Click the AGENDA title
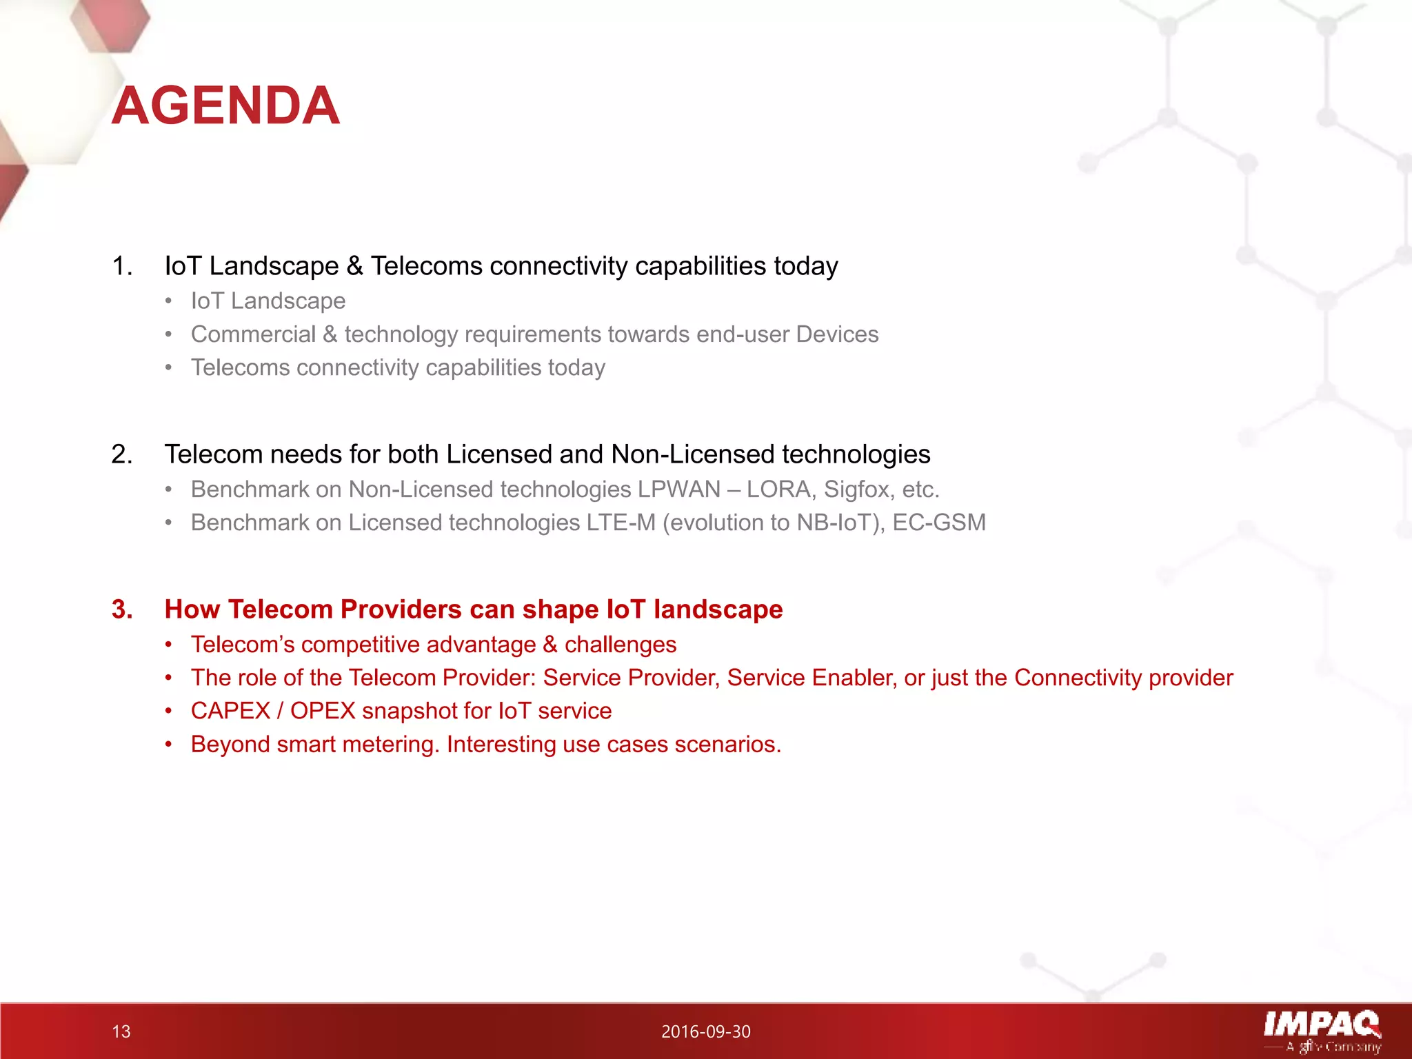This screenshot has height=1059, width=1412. point(225,105)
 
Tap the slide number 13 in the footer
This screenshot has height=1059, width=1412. point(121,1031)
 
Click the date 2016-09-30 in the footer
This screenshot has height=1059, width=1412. point(705,1031)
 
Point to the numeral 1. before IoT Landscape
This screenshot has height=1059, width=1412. point(121,266)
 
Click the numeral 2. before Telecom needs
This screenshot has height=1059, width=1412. point(121,454)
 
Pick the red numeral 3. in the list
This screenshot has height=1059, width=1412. point(121,609)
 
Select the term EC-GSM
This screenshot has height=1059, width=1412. point(939,523)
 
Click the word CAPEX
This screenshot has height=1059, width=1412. point(230,711)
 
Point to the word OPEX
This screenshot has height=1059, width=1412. point(323,711)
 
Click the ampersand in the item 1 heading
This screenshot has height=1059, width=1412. point(354,266)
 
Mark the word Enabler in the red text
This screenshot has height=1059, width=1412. point(854,678)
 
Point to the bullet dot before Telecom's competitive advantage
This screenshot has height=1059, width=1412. point(168,645)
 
